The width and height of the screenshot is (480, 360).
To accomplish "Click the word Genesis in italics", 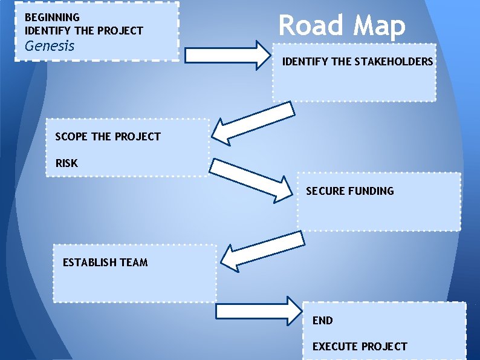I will pos(50,45).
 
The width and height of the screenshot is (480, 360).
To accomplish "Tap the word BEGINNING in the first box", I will pos(52,18).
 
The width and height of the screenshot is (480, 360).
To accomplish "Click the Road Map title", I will pos(342,25).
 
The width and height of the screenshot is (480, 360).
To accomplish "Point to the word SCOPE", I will pos(71,137).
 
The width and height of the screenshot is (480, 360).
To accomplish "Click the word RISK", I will pos(66,163).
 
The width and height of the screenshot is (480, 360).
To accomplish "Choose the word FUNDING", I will pos(371,191).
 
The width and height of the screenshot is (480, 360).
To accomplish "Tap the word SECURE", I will pos(326,191).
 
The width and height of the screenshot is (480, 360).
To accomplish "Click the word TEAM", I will pos(135,263).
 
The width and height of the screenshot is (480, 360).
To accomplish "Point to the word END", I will pos(323,321).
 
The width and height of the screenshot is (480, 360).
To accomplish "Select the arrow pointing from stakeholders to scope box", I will pos(253,123).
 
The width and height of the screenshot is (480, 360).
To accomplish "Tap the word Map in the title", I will pos(379,25).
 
